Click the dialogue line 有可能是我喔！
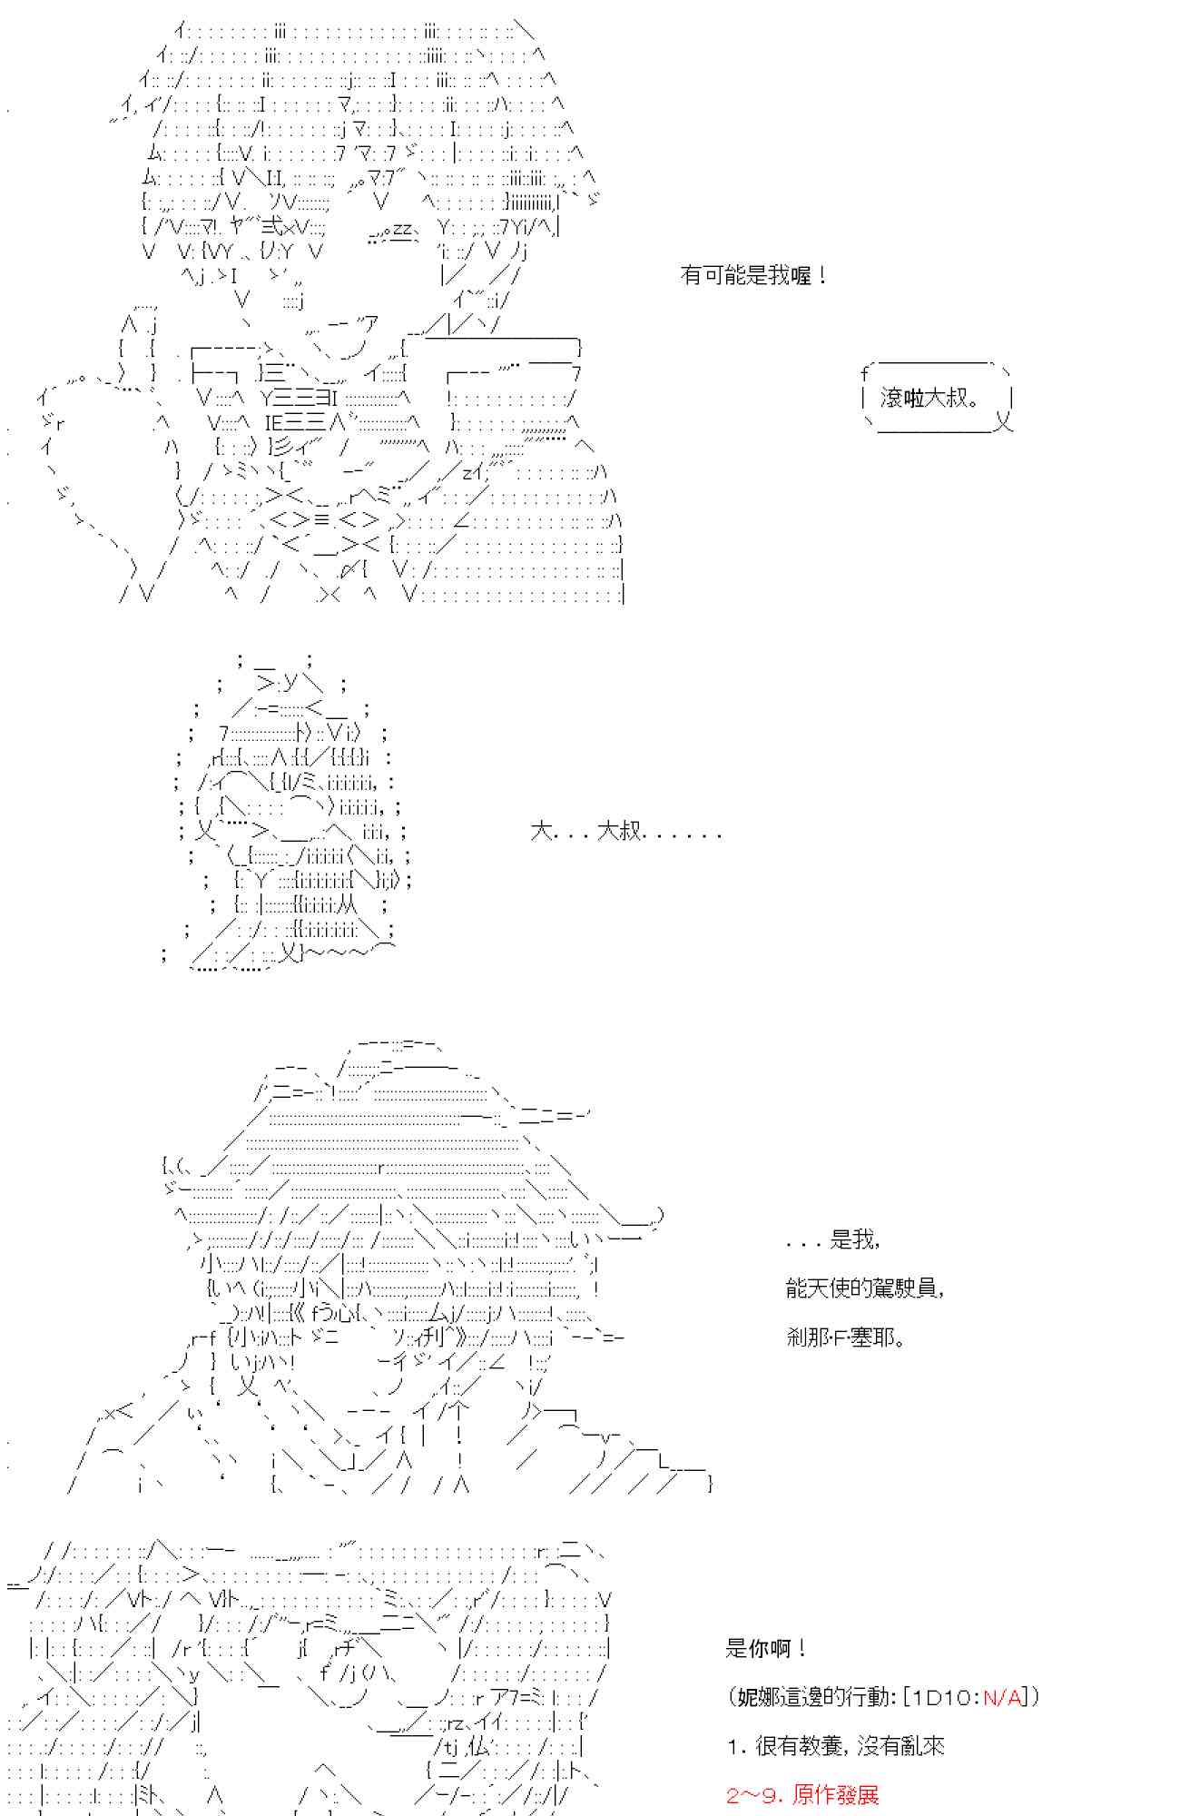click(x=753, y=275)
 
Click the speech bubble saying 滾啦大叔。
click(x=935, y=398)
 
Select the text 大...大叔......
click(x=625, y=832)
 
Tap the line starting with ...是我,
click(x=832, y=1239)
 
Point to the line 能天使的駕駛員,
click(x=864, y=1288)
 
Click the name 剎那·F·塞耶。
click(x=846, y=1337)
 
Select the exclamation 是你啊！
click(x=766, y=1648)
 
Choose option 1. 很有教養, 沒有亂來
click(x=836, y=1746)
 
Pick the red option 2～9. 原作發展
click(x=802, y=1795)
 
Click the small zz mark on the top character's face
click(x=402, y=231)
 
